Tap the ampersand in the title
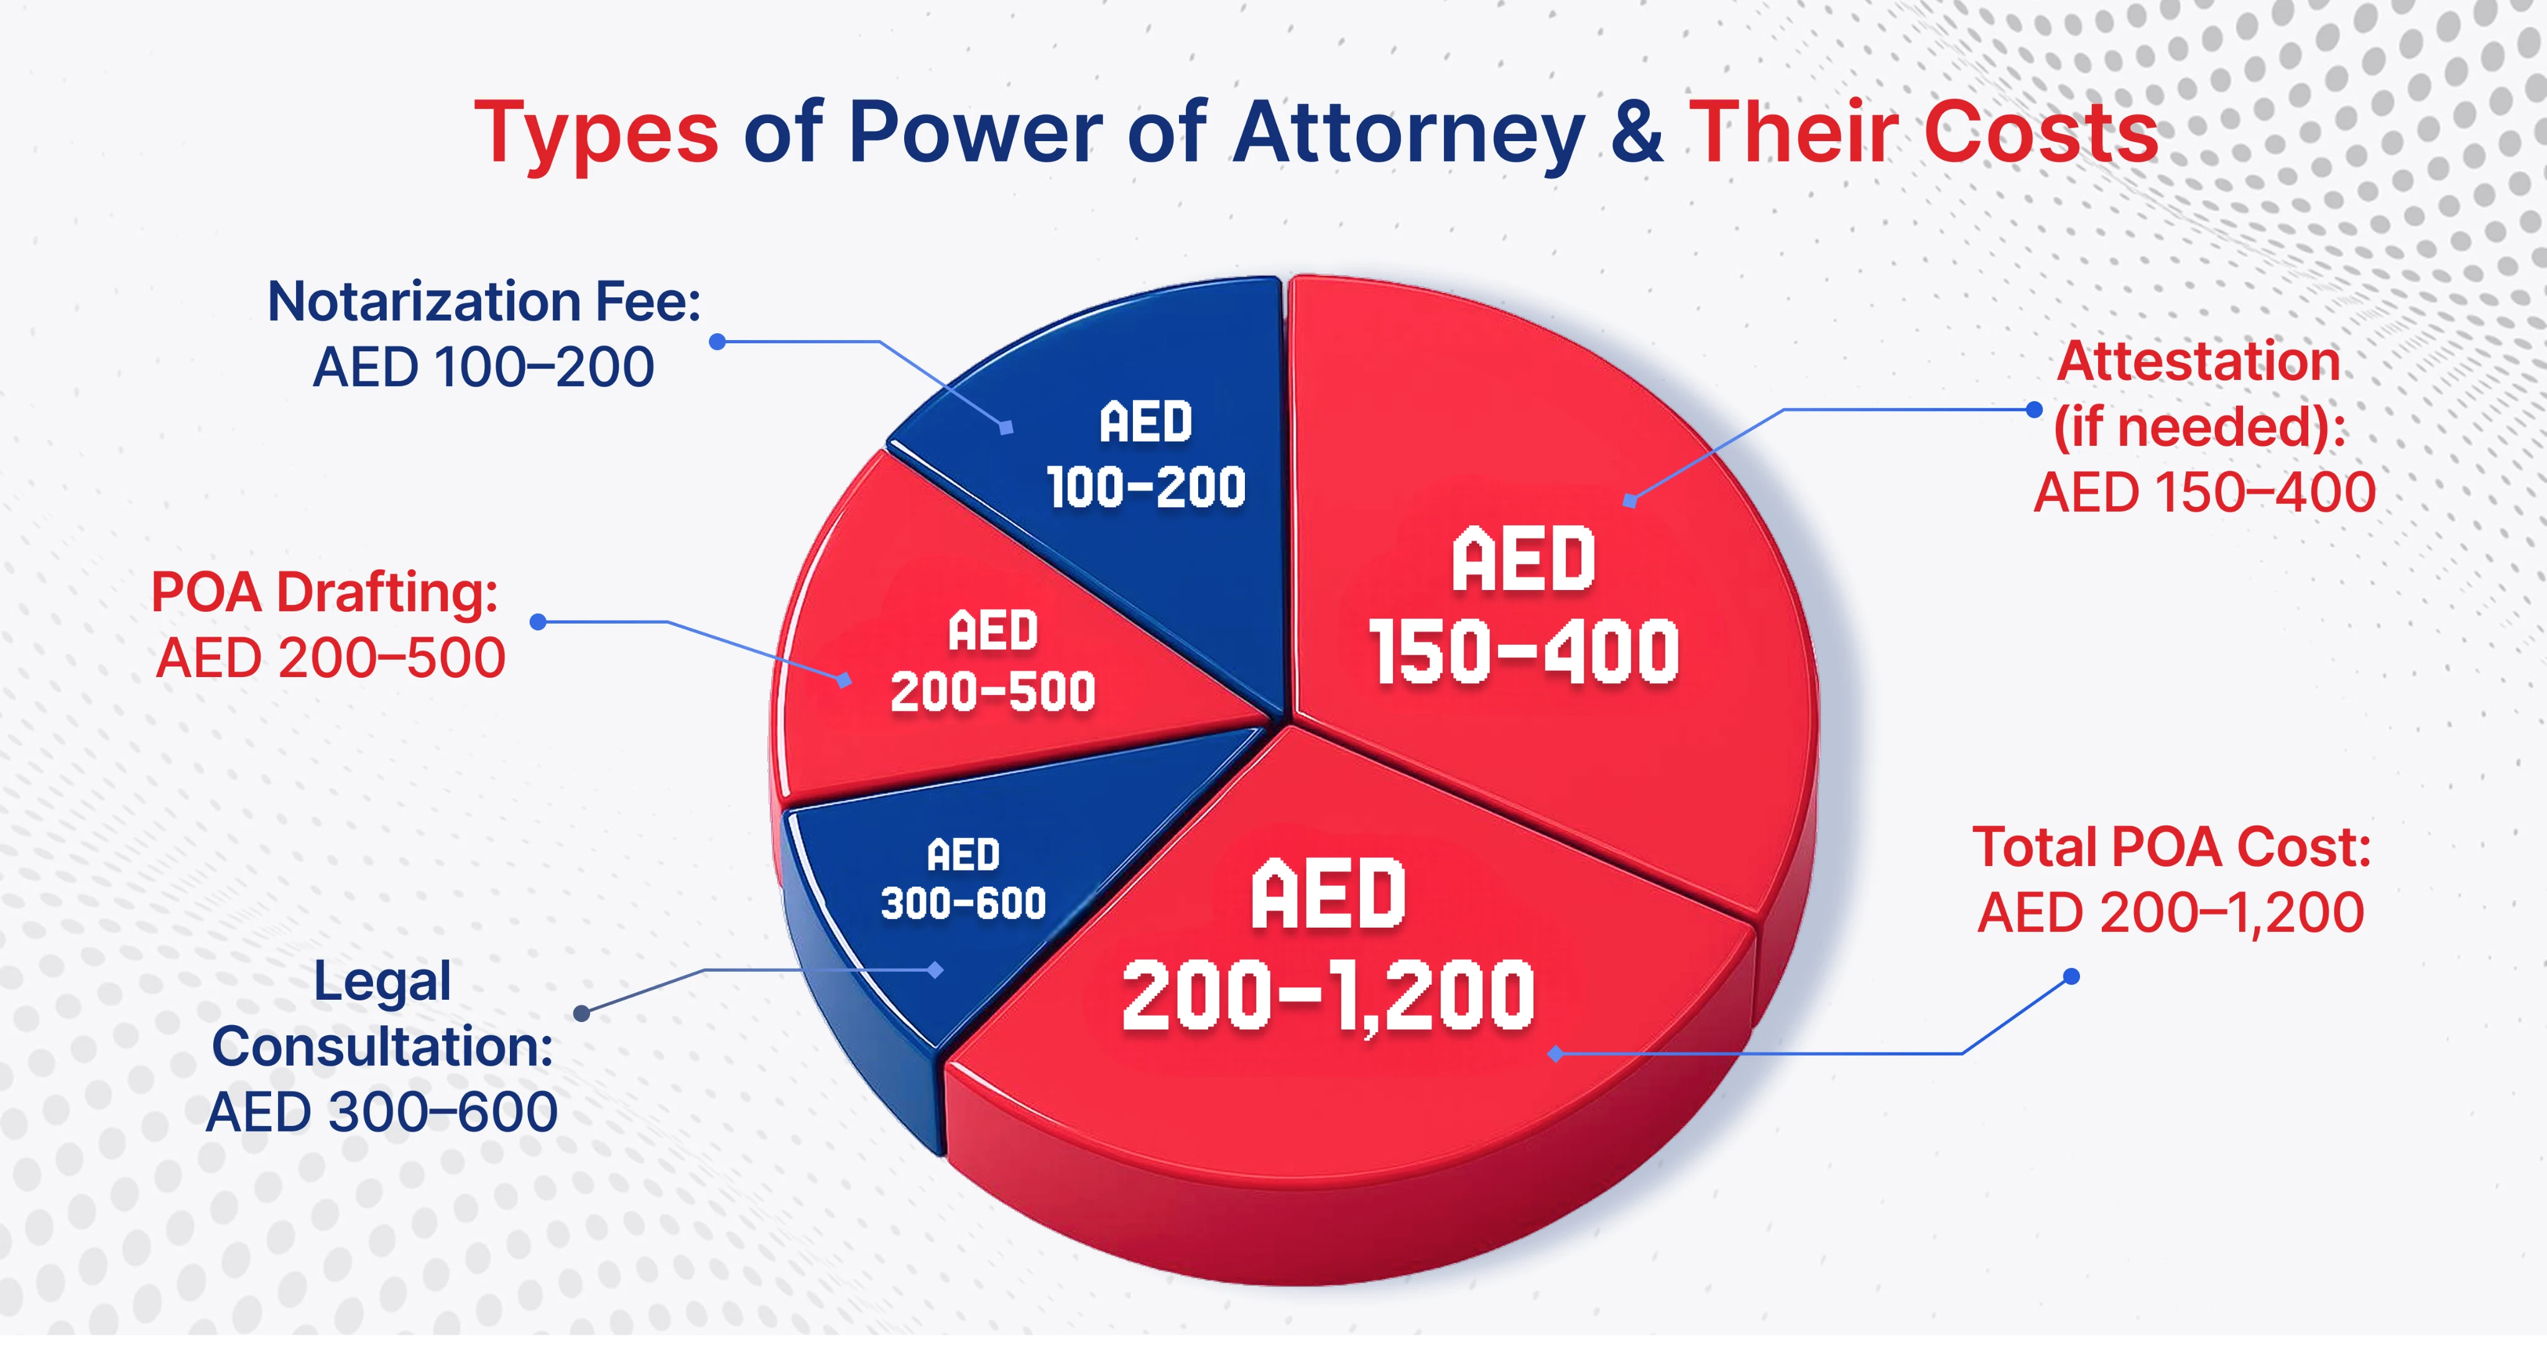pyautogui.click(x=1637, y=132)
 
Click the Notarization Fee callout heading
pyautogui.click(x=484, y=302)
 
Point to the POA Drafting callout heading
pyautogui.click(x=325, y=593)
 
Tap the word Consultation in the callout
pyautogui.click(x=382, y=1046)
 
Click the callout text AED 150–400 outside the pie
pyautogui.click(x=2204, y=492)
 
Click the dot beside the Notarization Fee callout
pyautogui.click(x=718, y=342)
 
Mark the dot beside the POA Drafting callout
pyautogui.click(x=538, y=622)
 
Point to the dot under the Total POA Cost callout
pyautogui.click(x=2071, y=977)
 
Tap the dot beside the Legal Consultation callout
pyautogui.click(x=581, y=1013)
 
